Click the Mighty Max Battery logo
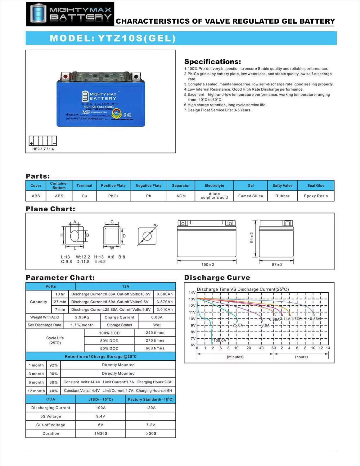[x=70, y=14]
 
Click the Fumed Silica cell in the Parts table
[x=250, y=196]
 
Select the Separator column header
[x=181, y=185]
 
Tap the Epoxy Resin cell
[x=316, y=196]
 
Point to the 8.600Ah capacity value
[x=164, y=294]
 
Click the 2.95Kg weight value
[x=82, y=317]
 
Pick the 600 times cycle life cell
[x=155, y=348]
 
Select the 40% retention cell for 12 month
[x=53, y=391]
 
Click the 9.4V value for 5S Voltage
[x=101, y=416]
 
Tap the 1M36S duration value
[x=101, y=433]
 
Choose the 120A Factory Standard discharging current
[x=151, y=408]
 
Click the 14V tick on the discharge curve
[x=192, y=293]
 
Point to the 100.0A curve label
[x=220, y=340]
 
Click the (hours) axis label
[x=301, y=357]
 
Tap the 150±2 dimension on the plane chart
[x=208, y=265]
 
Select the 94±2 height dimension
[x=252, y=238]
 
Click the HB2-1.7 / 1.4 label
[x=43, y=149]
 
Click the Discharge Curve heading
[x=217, y=278]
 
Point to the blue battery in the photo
[x=101, y=99]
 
